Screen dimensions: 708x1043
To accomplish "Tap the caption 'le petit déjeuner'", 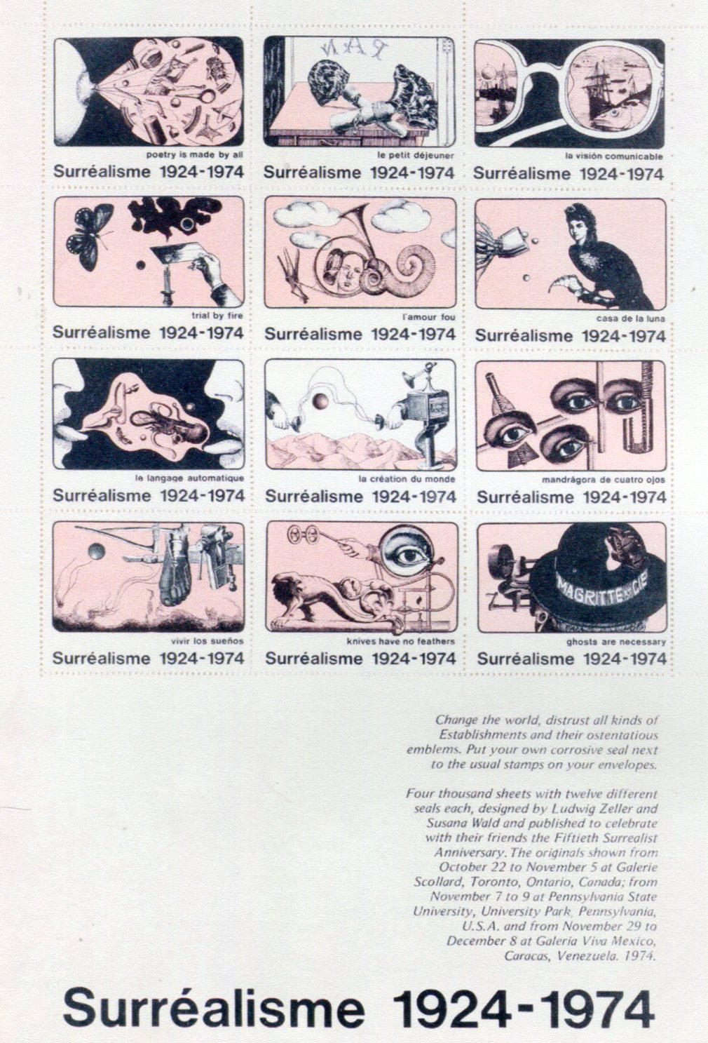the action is (x=415, y=156).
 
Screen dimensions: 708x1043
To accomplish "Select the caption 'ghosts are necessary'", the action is (x=616, y=642).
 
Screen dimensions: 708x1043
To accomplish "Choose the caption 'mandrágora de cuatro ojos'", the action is (x=604, y=480).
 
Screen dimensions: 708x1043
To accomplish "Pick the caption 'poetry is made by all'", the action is (x=195, y=155).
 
